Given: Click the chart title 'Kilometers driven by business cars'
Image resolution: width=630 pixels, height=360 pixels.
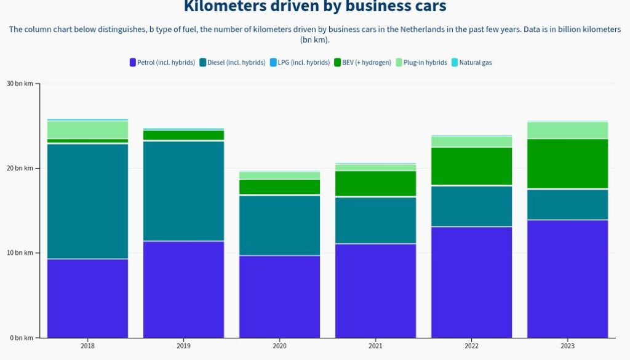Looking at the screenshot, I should (315, 7).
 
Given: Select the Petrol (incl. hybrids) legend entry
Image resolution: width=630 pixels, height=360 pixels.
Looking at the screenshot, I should (162, 62).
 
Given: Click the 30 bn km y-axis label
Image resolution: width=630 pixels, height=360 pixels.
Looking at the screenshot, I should (20, 84).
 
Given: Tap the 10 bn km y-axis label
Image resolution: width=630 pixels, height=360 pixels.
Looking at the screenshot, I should (20, 253).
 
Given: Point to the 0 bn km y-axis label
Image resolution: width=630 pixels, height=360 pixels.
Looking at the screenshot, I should (22, 338).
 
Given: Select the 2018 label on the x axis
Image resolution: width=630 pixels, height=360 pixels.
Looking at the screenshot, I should (87, 346).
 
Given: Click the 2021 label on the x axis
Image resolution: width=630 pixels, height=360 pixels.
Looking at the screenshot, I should (375, 346).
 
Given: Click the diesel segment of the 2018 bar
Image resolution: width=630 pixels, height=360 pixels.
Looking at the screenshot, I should (87, 201).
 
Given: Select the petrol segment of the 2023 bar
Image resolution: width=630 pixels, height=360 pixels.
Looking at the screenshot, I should (567, 278).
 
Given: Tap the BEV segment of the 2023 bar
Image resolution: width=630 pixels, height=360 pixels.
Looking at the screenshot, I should (567, 164).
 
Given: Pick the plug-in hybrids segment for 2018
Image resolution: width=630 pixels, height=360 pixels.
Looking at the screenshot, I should (87, 129).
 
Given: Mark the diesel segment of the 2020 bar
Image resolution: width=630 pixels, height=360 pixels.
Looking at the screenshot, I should (279, 225).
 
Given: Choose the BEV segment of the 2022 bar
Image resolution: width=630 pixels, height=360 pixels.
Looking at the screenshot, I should (471, 166).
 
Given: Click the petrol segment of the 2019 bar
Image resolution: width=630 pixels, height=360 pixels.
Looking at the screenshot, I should (183, 289).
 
